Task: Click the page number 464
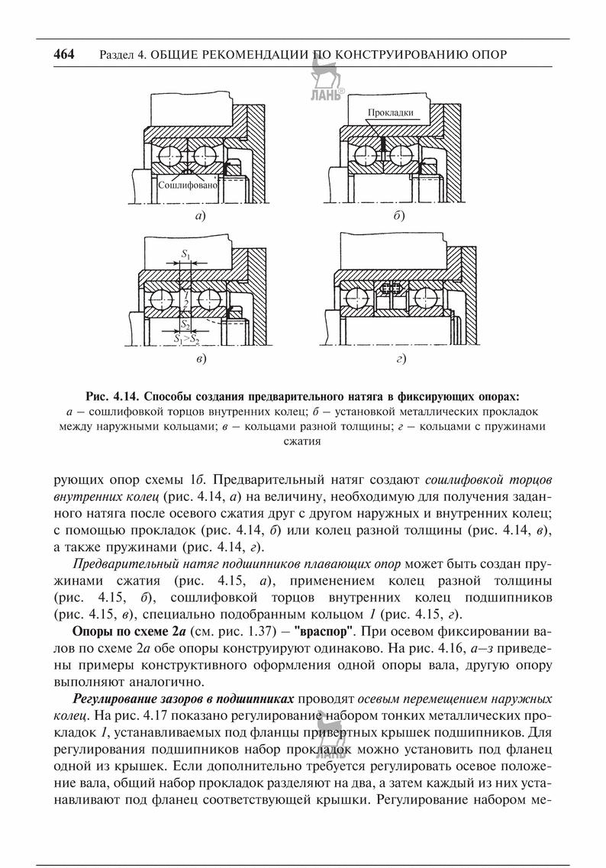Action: tap(64, 55)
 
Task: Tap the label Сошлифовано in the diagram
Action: tap(189, 185)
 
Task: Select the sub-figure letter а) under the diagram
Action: tap(201, 216)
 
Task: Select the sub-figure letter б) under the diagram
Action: tap(398, 216)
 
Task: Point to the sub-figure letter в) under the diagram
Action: tap(201, 357)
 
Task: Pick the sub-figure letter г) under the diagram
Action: tap(398, 357)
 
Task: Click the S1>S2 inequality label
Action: tap(186, 337)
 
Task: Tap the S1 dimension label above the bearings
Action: tap(185, 251)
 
